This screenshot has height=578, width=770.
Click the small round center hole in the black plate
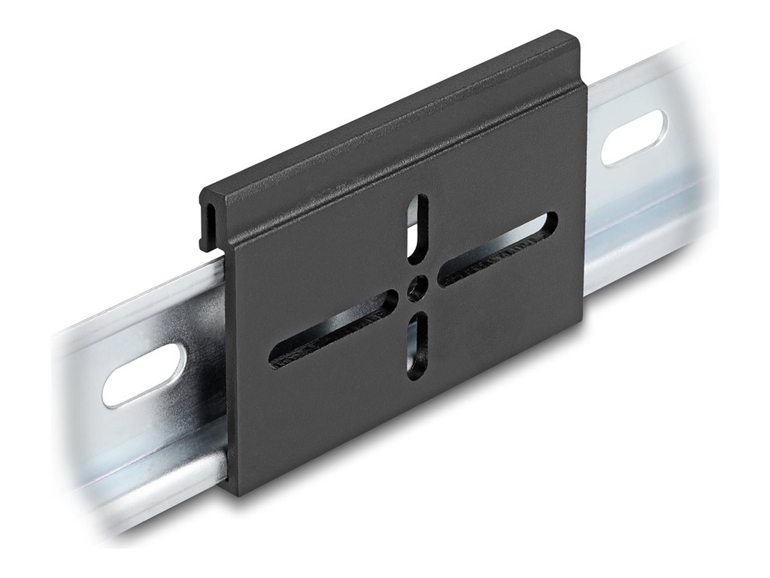(415, 289)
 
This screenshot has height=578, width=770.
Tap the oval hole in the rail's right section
(633, 137)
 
